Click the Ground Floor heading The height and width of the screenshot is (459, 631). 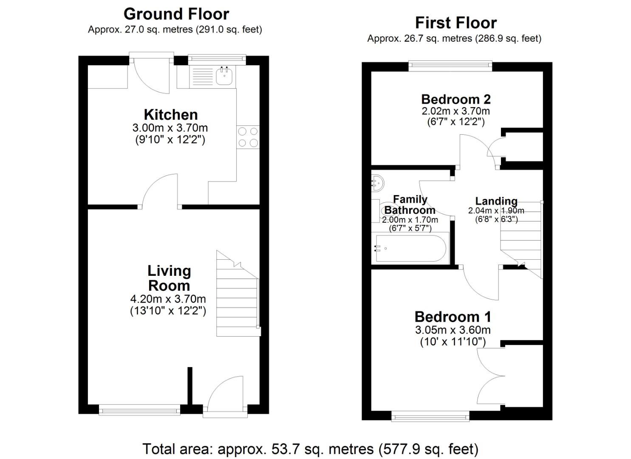pyautogui.click(x=176, y=14)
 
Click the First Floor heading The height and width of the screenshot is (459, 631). pyautogui.click(x=456, y=23)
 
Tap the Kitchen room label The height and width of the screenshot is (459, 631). pyautogui.click(x=170, y=115)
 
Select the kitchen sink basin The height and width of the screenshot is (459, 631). pyautogui.click(x=224, y=76)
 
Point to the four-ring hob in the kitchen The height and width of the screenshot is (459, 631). pyautogui.click(x=248, y=137)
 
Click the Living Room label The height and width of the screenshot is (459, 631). pyautogui.click(x=169, y=278)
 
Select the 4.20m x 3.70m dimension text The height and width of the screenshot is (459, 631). pyautogui.click(x=168, y=299)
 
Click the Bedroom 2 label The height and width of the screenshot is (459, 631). pyautogui.click(x=456, y=99)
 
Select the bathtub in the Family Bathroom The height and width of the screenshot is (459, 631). pyautogui.click(x=410, y=248)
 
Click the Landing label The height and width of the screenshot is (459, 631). pyautogui.click(x=496, y=201)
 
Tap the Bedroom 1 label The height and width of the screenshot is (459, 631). pyautogui.click(x=453, y=317)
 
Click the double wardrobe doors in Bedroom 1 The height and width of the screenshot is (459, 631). pyautogui.click(x=491, y=376)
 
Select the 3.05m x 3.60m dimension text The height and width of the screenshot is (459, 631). pyautogui.click(x=453, y=330)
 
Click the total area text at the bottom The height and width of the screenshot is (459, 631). pyautogui.click(x=310, y=449)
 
